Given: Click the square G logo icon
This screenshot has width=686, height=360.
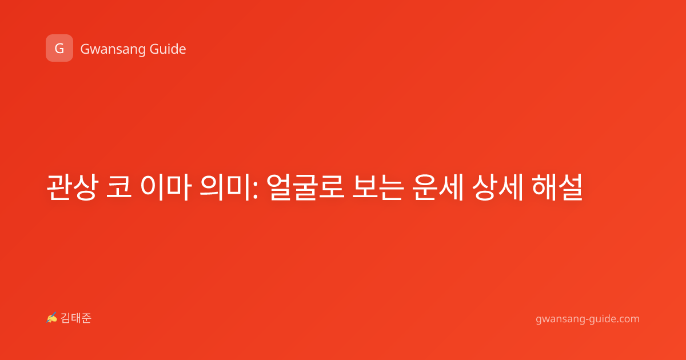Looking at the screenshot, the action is click(x=59, y=48).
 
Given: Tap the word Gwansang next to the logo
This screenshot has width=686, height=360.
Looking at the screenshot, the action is click(x=113, y=49).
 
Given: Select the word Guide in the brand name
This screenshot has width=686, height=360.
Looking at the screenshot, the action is click(x=168, y=49).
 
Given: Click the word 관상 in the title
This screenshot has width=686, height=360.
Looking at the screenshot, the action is click(x=73, y=187).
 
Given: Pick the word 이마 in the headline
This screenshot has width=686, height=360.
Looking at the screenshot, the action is click(x=166, y=187).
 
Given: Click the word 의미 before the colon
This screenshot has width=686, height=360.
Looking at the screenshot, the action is click(x=225, y=187).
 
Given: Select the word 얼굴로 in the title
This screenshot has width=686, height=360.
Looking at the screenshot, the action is click(x=305, y=187).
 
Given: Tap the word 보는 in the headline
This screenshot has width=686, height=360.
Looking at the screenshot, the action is click(x=378, y=187).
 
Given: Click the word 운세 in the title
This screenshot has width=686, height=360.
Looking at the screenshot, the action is click(x=438, y=187).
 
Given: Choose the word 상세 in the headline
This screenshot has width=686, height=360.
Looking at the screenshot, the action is click(x=497, y=187).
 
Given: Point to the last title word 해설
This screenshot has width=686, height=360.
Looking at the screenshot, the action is click(x=557, y=187).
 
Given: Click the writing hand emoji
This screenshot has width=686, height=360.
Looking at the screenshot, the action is click(x=52, y=318).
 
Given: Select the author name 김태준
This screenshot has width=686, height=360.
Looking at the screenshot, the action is click(x=75, y=318).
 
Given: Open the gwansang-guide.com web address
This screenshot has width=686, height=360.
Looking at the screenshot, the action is click(x=588, y=319).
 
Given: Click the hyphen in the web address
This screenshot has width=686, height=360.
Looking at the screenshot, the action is click(x=586, y=319).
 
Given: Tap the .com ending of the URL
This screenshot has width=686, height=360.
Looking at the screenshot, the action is click(x=627, y=319).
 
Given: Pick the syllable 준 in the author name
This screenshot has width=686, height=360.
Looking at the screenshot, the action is click(x=86, y=318).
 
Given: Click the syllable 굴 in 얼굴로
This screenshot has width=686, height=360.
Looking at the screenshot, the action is click(x=305, y=187).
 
